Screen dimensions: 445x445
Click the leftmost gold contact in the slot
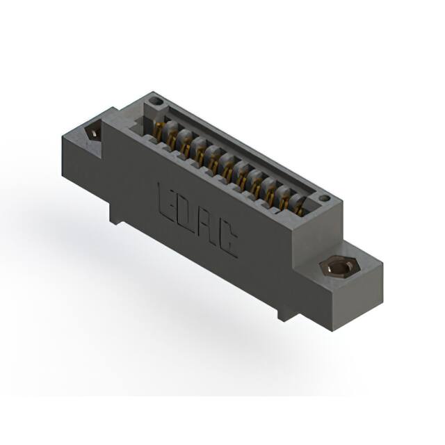[x=162, y=130]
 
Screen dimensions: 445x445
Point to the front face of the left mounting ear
[x=83, y=167]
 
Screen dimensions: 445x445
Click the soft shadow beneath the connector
[x=174, y=306]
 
